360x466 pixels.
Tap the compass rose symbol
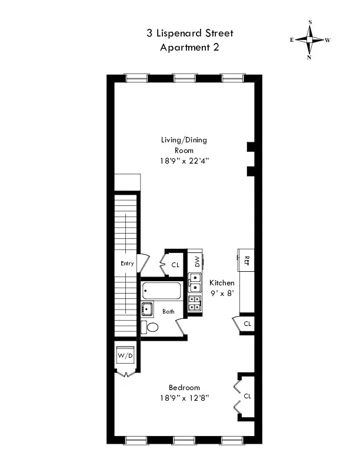pyautogui.click(x=310, y=40)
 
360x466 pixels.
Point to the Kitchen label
pyautogui.click(x=222, y=283)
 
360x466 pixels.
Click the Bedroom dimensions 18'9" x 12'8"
pyautogui.click(x=184, y=398)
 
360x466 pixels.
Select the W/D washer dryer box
pyautogui.click(x=125, y=356)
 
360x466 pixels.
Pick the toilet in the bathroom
pyautogui.click(x=151, y=328)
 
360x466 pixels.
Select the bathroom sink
pyautogui.click(x=147, y=309)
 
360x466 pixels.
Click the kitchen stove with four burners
pyautogui.click(x=195, y=304)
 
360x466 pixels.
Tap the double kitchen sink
pyautogui.click(x=195, y=283)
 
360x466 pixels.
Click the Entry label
pyautogui.click(x=126, y=264)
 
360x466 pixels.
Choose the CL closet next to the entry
pyautogui.click(x=175, y=265)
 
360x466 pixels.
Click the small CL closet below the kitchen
pyautogui.click(x=247, y=324)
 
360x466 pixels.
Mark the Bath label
pyautogui.click(x=169, y=312)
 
